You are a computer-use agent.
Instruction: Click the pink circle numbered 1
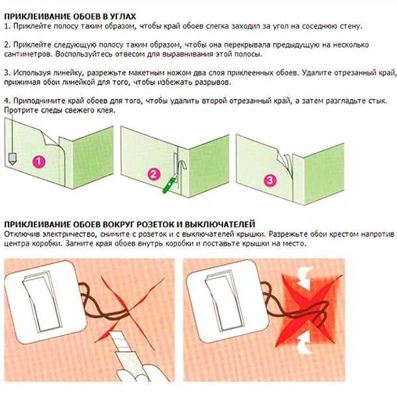[39, 161]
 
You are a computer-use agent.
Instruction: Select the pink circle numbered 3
[270, 180]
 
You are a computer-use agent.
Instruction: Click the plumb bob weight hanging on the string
[12, 159]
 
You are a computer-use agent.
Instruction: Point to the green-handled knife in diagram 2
[169, 184]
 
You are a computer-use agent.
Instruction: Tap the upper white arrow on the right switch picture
[306, 278]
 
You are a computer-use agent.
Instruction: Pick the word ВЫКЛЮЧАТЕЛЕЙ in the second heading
[220, 224]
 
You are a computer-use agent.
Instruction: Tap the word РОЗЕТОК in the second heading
[156, 224]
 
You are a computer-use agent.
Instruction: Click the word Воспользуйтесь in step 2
[84, 54]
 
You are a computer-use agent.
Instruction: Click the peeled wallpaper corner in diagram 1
[49, 137]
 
